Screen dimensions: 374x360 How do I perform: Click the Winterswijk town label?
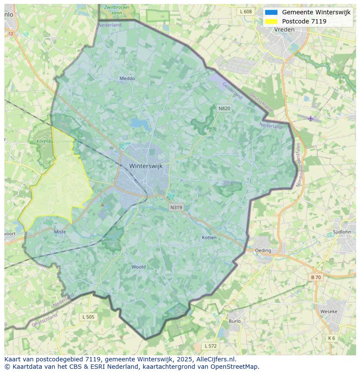(x=146, y=166)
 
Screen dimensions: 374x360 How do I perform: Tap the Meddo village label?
(x=127, y=79)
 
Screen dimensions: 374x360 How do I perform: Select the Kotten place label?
(x=209, y=238)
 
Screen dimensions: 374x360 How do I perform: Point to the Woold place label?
(x=139, y=267)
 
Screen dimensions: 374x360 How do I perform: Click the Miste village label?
(x=60, y=232)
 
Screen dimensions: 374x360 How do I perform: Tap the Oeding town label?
(x=263, y=250)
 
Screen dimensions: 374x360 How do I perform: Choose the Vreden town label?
(x=284, y=30)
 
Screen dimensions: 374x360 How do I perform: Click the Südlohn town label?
(x=341, y=232)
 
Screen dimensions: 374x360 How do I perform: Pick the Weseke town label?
(x=329, y=311)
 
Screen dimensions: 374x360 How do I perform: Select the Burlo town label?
(x=234, y=321)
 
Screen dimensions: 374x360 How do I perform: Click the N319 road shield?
(x=176, y=207)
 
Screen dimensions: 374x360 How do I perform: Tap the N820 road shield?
(x=224, y=108)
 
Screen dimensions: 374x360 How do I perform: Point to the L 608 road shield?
(x=246, y=11)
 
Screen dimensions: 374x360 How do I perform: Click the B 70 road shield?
(x=316, y=277)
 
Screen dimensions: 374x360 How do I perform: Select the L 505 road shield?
(x=88, y=317)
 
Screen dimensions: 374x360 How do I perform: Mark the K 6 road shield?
(x=332, y=338)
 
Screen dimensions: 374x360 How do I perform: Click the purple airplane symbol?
(x=310, y=118)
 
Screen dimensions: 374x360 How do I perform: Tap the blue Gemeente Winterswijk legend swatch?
(x=271, y=12)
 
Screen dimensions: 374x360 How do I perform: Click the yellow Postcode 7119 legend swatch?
(x=271, y=21)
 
